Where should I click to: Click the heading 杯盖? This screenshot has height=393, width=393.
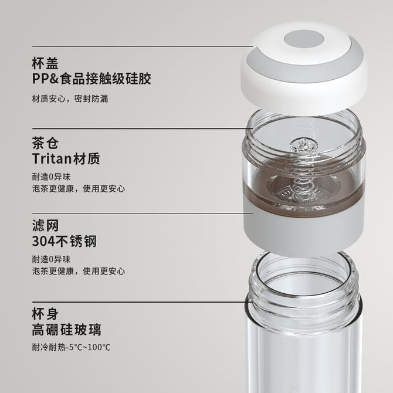click(45, 63)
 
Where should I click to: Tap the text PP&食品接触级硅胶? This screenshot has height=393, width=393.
click(92, 79)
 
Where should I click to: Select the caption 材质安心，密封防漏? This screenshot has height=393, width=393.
click(70, 99)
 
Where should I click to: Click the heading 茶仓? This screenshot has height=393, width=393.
click(45, 143)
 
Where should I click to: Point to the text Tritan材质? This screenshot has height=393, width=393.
click(66, 158)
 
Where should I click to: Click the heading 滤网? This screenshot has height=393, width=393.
click(45, 226)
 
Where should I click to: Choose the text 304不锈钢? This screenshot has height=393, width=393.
click(64, 241)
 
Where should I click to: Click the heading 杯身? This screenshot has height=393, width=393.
click(45, 314)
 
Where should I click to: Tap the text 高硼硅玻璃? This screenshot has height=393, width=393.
click(67, 330)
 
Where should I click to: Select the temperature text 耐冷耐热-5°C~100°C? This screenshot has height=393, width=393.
click(71, 347)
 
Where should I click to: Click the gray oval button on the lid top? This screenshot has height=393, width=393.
click(304, 40)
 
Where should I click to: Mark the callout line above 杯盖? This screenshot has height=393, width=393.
click(143, 46)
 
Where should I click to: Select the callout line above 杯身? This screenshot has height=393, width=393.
click(139, 302)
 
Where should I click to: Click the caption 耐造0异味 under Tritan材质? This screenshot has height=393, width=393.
click(51, 177)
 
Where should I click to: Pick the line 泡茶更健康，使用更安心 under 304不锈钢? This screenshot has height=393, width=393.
click(79, 271)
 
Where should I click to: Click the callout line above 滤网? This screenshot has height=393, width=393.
click(143, 214)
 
